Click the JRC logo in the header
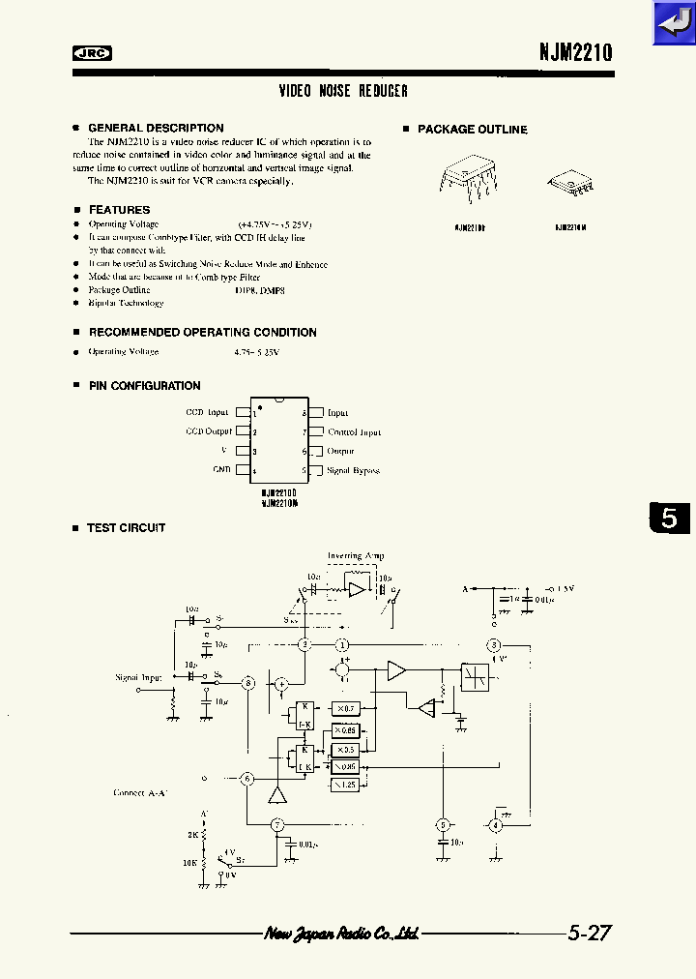(92, 54)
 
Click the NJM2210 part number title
(576, 53)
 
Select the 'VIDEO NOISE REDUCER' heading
(343, 91)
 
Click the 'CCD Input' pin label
(207, 413)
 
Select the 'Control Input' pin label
(354, 432)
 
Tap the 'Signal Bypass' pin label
(353, 471)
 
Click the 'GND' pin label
(221, 470)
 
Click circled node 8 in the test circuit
(248, 683)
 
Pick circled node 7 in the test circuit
(277, 824)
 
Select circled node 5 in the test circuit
(442, 825)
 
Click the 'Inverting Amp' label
(356, 556)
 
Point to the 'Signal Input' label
(138, 678)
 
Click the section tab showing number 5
(670, 519)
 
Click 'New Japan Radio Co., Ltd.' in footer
(341, 934)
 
